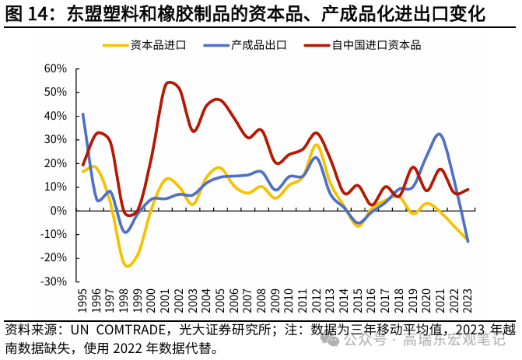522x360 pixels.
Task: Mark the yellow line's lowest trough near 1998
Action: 127,266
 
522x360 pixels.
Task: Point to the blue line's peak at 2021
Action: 440,134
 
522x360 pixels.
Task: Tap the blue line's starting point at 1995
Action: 82,114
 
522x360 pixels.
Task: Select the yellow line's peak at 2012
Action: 317,145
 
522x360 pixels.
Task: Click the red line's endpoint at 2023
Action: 468,189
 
